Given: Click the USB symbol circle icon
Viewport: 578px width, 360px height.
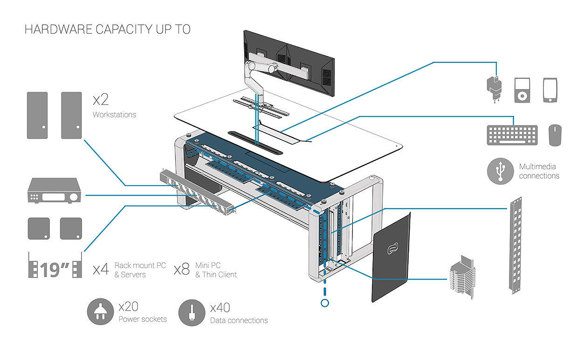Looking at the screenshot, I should click(500, 171).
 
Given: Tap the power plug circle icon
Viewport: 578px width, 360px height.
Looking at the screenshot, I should click(100, 312).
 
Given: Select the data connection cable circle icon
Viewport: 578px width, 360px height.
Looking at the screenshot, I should click(192, 312).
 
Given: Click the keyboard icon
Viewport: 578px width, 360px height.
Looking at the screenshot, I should click(512, 135).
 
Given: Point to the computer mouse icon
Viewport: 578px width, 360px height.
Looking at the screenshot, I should click(555, 135).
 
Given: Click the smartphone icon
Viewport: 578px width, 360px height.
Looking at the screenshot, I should click(550, 90).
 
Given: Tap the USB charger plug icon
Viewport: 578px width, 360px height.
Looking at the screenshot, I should click(494, 87).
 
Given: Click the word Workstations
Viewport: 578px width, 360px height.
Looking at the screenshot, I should click(114, 115).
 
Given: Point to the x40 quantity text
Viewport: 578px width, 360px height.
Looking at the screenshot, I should click(220, 308).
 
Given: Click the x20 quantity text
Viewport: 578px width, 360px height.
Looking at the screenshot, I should click(128, 307).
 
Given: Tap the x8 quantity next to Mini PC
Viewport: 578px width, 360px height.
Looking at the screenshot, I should click(181, 270).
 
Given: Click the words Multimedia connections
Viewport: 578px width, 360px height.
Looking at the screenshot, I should click(539, 171).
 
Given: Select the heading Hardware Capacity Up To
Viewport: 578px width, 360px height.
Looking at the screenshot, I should click(107, 29).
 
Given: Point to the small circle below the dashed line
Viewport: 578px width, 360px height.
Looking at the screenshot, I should click(324, 303).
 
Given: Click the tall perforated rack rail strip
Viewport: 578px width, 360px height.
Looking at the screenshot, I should click(514, 245).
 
